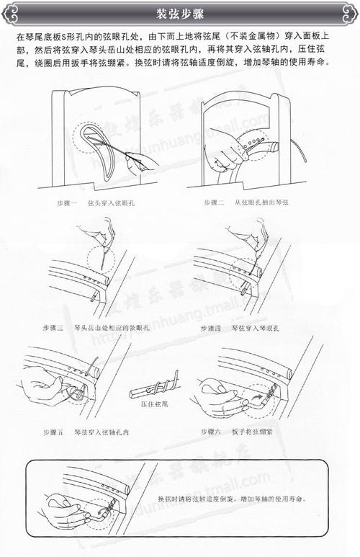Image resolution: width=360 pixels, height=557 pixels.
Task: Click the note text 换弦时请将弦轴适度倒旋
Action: [x=230, y=499]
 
